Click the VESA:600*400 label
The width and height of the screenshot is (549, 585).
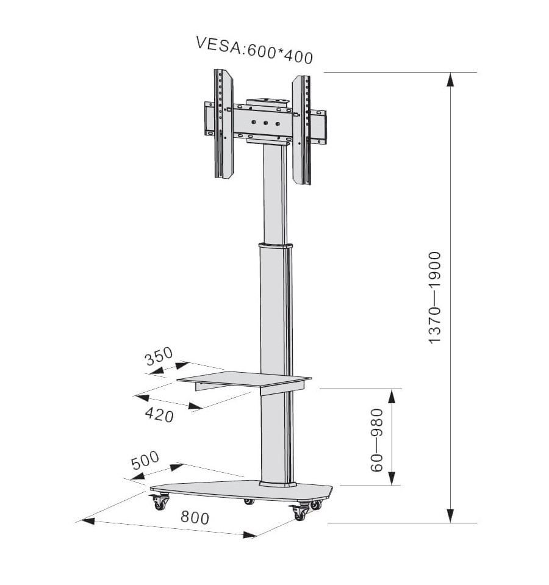[254, 51]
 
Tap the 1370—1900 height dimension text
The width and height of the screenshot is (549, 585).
[434, 297]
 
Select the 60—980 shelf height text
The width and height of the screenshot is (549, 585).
[377, 440]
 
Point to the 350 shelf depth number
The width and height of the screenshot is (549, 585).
[159, 356]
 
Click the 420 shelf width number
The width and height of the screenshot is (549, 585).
[159, 414]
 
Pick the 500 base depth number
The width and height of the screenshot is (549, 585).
[145, 461]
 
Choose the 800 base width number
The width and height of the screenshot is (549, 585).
[195, 517]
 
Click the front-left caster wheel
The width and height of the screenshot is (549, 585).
[159, 502]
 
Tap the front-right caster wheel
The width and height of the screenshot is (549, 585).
[299, 512]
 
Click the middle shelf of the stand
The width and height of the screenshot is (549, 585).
[244, 381]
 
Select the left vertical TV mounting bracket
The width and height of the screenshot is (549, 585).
[223, 123]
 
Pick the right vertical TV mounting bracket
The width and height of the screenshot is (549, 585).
[301, 130]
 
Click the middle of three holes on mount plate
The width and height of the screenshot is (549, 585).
[265, 123]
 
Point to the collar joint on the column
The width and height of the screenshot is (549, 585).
[276, 245]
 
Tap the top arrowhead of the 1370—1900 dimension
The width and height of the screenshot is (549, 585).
[451, 79]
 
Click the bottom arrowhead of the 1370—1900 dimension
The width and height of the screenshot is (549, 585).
[451, 515]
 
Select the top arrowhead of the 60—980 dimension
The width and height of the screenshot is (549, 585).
[391, 397]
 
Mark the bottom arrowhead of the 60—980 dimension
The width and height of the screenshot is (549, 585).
[391, 478]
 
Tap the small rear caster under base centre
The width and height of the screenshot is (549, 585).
[249, 502]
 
